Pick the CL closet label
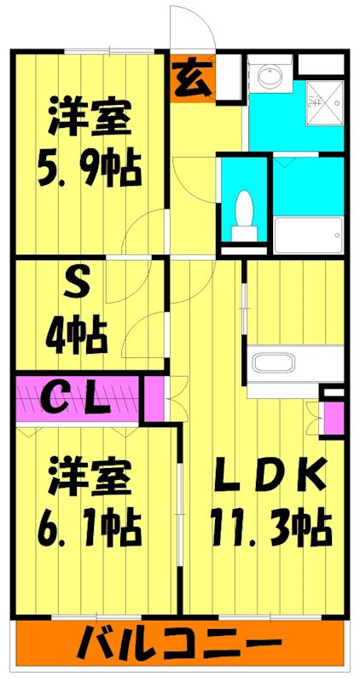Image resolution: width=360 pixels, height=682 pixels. tap(77, 398)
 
